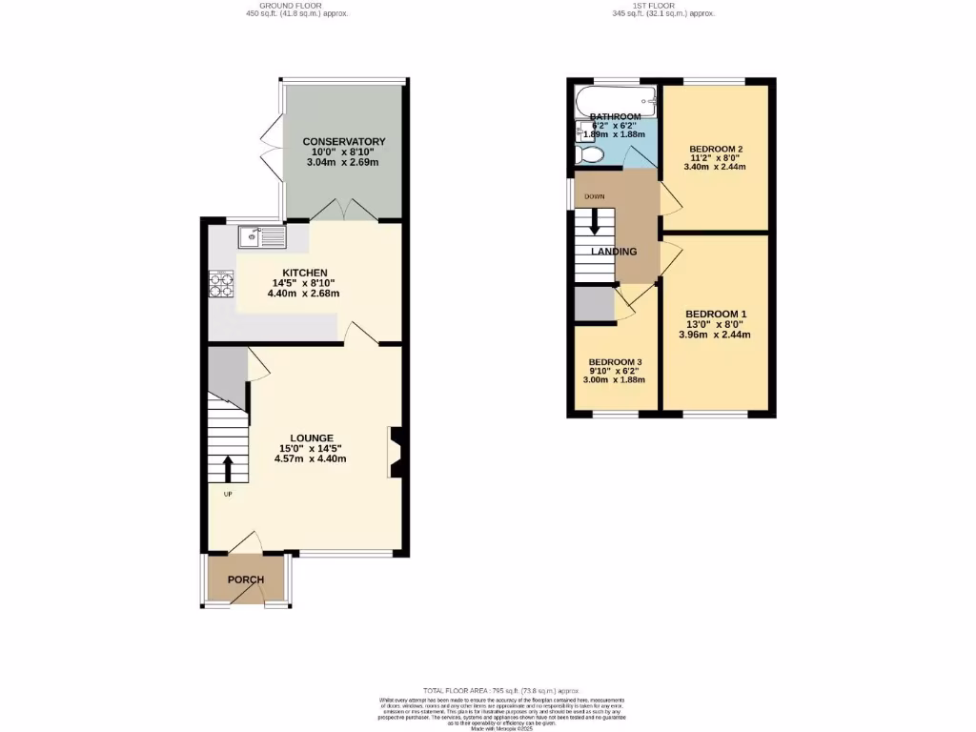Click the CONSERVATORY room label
343,142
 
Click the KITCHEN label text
304,273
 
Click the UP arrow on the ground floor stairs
227,470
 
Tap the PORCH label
245,579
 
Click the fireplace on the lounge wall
396,450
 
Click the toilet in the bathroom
590,154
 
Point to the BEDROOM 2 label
715,149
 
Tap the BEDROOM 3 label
615,362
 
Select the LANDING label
614,252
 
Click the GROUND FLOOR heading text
296,6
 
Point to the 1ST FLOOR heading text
663,6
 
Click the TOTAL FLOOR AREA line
487,690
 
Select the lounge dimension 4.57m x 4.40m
310,458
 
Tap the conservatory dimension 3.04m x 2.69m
343,162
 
